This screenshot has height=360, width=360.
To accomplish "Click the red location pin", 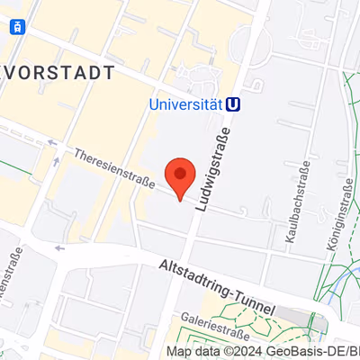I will coord(181,176).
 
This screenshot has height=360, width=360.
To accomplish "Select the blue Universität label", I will coord(185,104).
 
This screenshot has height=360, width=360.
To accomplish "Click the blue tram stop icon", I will coord(17,26).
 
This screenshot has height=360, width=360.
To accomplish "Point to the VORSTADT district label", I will coord(58,72).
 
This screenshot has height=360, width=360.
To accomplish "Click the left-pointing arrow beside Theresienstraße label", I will coord(58,143).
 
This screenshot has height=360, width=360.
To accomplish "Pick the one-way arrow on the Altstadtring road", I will coord(60,247).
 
